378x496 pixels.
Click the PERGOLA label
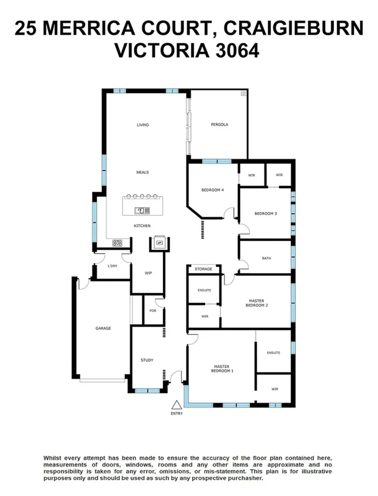[219, 125]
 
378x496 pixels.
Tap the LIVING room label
[142, 125]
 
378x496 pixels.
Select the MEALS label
[142, 172]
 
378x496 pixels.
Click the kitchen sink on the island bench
[143, 210]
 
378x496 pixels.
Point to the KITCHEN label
[142, 226]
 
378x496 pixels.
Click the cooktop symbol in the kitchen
[117, 243]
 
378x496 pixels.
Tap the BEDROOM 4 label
[212, 190]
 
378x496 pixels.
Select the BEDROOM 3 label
[266, 214]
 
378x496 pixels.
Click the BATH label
[266, 258]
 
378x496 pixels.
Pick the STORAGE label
[204, 269]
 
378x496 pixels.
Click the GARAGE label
[103, 328]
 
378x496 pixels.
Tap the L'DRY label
[113, 266]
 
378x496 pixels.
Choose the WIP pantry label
[147, 273]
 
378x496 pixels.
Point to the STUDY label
[147, 360]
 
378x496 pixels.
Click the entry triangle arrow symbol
[176, 404]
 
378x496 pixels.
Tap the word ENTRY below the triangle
[176, 414]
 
